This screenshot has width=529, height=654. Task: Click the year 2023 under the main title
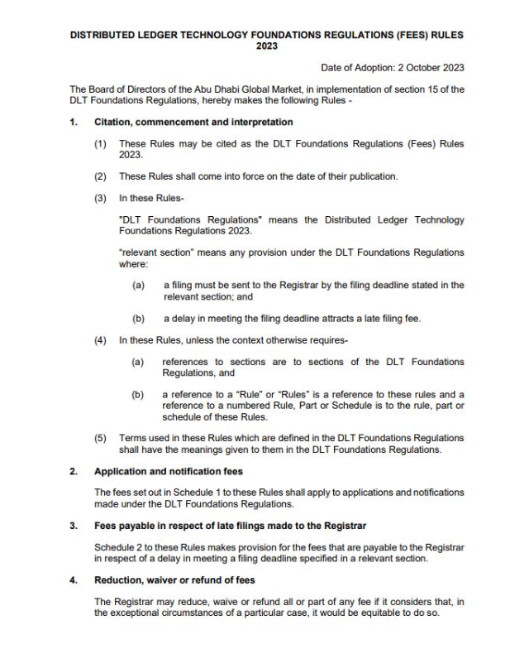pyautogui.click(x=264, y=47)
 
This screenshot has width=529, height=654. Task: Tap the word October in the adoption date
pyautogui.click(x=414, y=68)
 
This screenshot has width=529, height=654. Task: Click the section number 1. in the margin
pyautogui.click(x=74, y=123)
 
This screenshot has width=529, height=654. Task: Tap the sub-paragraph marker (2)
pyautogui.click(x=101, y=176)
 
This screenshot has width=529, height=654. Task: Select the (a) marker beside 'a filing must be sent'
pyautogui.click(x=139, y=285)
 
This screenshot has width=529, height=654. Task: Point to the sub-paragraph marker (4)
pyautogui.click(x=101, y=339)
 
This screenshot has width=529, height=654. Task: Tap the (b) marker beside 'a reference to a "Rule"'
pyautogui.click(x=139, y=393)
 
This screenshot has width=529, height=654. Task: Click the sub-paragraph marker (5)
pyautogui.click(x=101, y=436)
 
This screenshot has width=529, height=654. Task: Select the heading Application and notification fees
pyautogui.click(x=168, y=471)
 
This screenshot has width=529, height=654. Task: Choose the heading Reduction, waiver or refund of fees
pyautogui.click(x=174, y=579)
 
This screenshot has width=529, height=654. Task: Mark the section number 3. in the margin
pyautogui.click(x=74, y=526)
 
